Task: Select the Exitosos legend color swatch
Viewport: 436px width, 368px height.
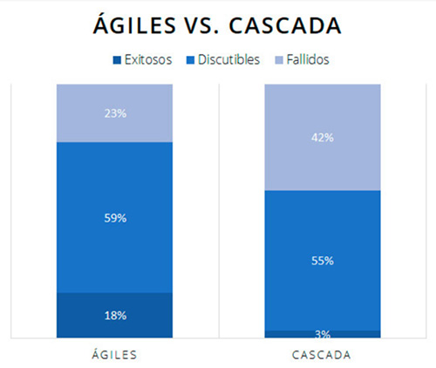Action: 117,60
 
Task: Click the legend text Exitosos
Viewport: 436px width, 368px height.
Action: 148,60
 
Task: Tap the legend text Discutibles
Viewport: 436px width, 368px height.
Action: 228,60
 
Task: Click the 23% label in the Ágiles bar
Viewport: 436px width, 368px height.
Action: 114,112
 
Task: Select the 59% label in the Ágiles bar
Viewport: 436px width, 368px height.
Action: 114,217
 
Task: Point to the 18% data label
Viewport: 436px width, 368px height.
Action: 114,315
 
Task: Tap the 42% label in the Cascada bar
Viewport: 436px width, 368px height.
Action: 322,137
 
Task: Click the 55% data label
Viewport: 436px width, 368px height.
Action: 322,260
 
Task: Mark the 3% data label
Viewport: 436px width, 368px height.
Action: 322,334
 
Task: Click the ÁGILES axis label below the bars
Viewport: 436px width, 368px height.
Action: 114,355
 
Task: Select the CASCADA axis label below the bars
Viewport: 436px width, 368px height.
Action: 322,355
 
